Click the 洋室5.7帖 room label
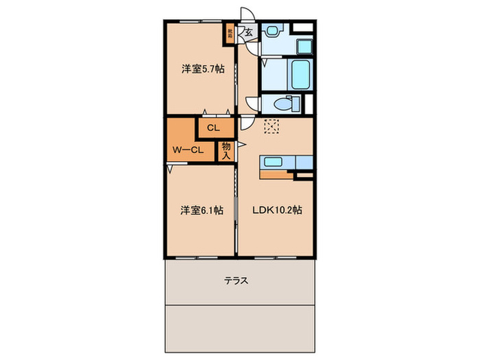coord(202,69)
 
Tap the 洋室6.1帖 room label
coord(202,211)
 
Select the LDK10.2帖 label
coord(276,211)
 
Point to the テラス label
coord(236,280)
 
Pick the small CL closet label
coord(213,128)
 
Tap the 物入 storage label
coord(226,151)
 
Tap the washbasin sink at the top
coord(272,32)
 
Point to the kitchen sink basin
coord(269,162)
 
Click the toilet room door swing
coord(254,105)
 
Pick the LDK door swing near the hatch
coord(245,124)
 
